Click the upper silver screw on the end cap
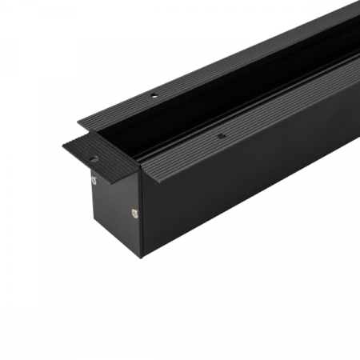pyautogui.click(x=94, y=181)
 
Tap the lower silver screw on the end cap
pyautogui.click(x=134, y=213)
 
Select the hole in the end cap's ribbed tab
pyautogui.click(x=94, y=158)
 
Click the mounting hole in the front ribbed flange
pyautogui.click(x=221, y=136)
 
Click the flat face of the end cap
pyautogui.click(x=116, y=210)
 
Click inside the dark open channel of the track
pyautogui.click(x=200, y=112)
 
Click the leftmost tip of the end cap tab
pyautogui.click(x=63, y=146)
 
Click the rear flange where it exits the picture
pyautogui.click(x=352, y=12)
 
